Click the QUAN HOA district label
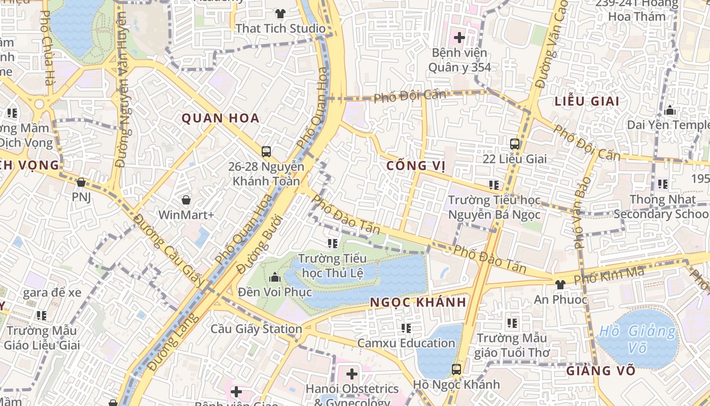220,118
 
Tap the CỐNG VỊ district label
416,166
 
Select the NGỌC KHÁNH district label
418,302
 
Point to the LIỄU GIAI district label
587,101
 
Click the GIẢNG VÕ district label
601,370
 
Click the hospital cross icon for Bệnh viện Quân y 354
459,37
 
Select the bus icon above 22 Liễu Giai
515,144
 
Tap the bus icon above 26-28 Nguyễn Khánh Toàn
266,151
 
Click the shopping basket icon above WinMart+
186,200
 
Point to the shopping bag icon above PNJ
81,182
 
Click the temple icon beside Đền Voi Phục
275,277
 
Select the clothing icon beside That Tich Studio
280,13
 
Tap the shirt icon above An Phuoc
560,284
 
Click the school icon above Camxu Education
406,328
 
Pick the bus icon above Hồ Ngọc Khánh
456,369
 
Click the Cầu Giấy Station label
256,329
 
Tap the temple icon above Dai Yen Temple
670,110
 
